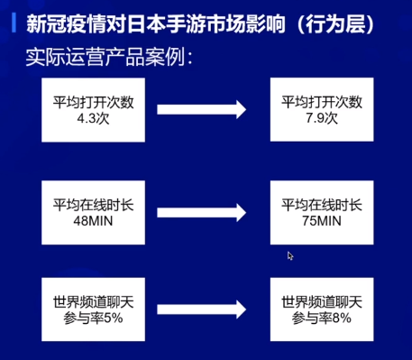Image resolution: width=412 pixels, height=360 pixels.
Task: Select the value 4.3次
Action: point(93,117)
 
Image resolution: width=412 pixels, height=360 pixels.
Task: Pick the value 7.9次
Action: point(321,117)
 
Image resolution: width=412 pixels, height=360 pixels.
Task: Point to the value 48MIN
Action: point(93,220)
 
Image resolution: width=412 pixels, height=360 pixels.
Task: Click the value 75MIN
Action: point(321,220)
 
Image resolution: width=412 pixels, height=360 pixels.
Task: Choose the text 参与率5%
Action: point(93,318)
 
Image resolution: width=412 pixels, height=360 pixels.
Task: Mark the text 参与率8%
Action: point(321,318)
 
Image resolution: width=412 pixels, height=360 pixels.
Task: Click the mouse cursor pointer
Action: point(290,256)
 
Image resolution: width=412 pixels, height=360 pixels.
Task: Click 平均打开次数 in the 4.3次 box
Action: point(93,102)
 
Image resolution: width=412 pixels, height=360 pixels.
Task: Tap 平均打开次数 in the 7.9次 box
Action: point(321,102)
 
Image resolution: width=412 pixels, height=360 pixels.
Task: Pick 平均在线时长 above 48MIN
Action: point(93,205)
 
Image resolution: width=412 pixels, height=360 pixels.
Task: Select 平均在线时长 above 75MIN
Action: point(321,205)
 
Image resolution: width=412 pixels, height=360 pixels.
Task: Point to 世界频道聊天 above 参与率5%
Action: point(93,301)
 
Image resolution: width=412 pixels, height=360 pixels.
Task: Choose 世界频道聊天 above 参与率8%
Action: point(321,301)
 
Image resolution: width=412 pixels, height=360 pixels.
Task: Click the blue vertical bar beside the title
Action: point(13,23)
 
